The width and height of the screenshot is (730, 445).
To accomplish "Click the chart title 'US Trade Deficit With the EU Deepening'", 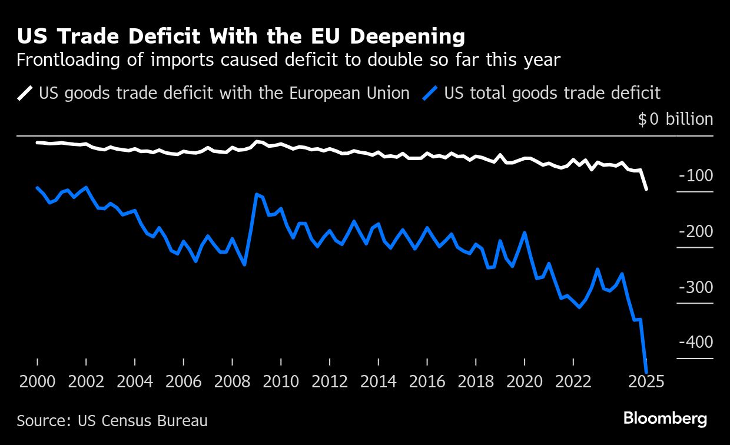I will point(241,37).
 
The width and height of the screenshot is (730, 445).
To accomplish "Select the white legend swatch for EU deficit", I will point(25,94).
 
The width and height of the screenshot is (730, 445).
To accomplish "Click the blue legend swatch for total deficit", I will point(431,94).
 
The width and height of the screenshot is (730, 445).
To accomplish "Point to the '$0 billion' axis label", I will point(675,119).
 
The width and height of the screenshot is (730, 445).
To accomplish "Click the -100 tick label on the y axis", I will point(695,175).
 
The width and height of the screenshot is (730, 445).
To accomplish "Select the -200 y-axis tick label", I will point(695,231).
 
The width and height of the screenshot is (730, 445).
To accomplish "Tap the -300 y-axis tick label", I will point(695,287).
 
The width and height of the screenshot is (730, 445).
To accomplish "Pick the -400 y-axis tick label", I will point(695,342).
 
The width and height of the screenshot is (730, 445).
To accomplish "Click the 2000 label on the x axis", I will point(37,381).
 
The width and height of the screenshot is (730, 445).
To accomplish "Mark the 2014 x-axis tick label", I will point(378,381).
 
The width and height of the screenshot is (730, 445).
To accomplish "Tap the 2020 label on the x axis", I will point(524,381).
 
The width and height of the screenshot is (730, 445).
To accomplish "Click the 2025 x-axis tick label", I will point(646,381).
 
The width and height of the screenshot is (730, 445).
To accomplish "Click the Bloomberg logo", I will point(665,419).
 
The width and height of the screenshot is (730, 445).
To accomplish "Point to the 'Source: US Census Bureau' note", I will point(112,421).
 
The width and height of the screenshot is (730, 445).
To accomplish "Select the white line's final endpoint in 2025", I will point(646,189).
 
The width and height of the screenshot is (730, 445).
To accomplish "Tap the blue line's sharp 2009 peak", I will point(257,194).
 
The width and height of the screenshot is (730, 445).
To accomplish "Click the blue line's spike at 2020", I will point(525,233).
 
